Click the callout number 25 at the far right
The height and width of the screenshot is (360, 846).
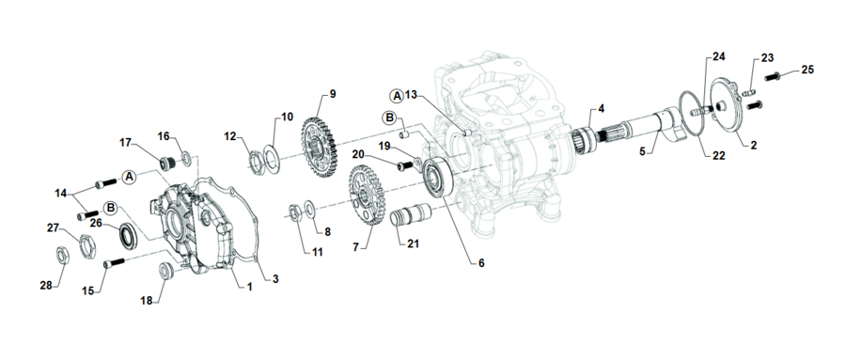coord(807,70)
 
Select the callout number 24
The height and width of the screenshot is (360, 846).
coord(719,57)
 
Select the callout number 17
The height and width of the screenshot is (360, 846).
coord(125,143)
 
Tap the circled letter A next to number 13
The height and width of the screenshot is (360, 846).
coord(397,96)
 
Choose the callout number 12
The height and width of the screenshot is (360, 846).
coord(230,137)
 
